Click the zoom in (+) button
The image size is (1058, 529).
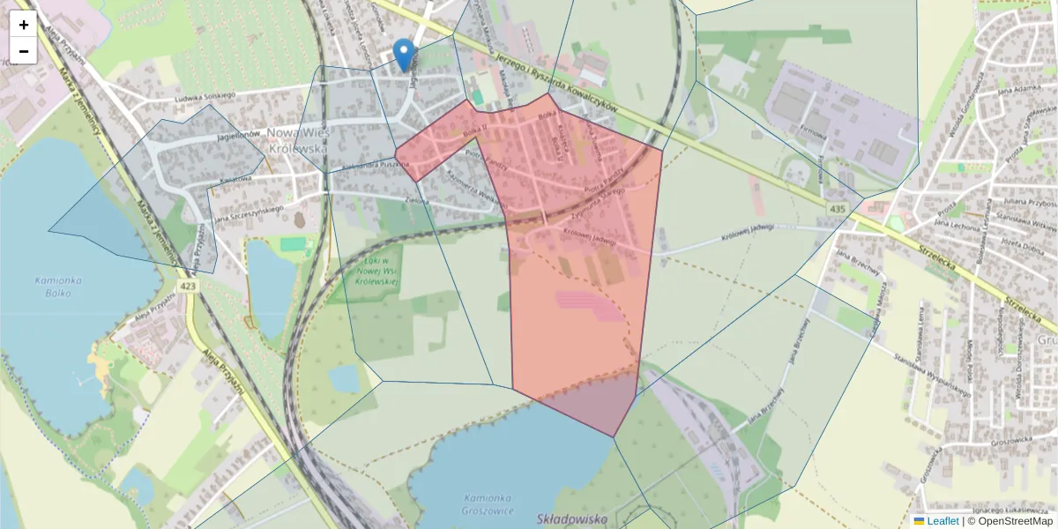[x=24, y=25]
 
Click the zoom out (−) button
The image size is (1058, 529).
[x=24, y=51]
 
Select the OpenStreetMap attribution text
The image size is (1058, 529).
[x=1010, y=521]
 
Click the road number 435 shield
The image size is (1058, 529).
[x=837, y=208]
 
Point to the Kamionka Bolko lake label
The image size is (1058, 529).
[x=58, y=286]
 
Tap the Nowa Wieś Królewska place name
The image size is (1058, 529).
[x=297, y=141]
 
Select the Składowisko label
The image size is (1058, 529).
[x=572, y=520]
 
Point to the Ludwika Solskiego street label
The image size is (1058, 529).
[x=205, y=96]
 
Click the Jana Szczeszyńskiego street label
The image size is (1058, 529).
[x=249, y=213]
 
